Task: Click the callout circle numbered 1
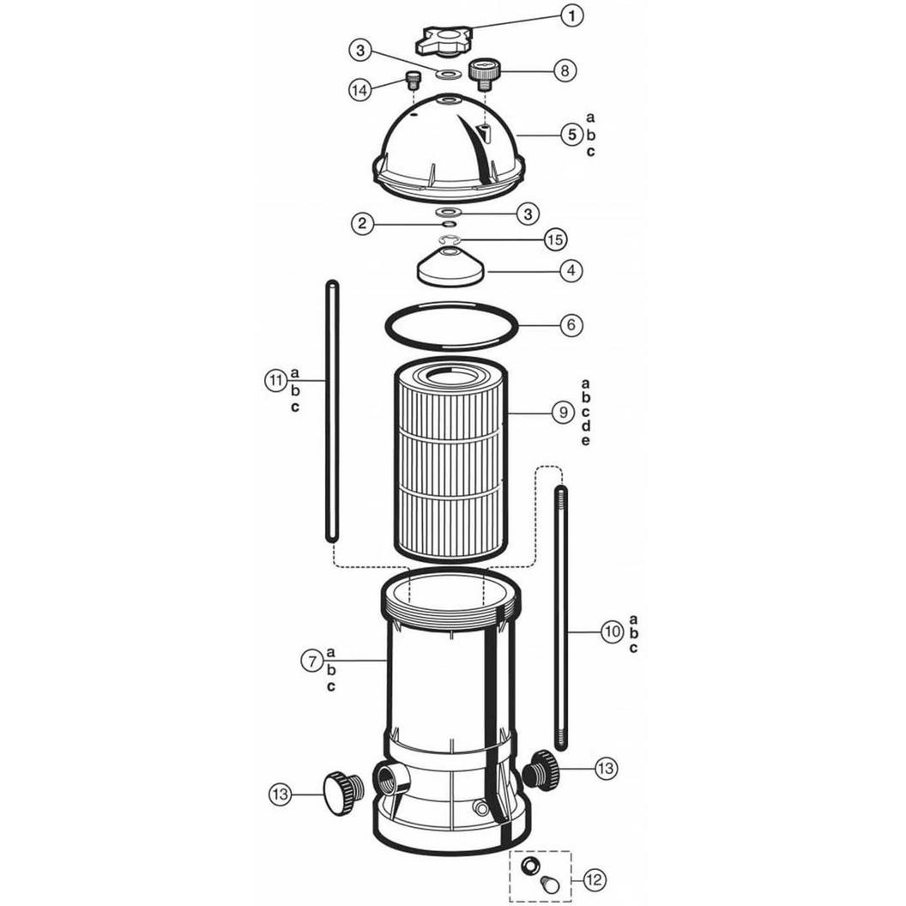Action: point(572,16)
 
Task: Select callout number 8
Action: point(565,70)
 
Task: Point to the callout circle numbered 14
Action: point(360,90)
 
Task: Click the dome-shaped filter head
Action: point(450,151)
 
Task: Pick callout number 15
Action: point(555,239)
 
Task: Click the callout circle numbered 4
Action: point(571,270)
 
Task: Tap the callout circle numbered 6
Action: point(571,325)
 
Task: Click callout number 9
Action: point(564,413)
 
